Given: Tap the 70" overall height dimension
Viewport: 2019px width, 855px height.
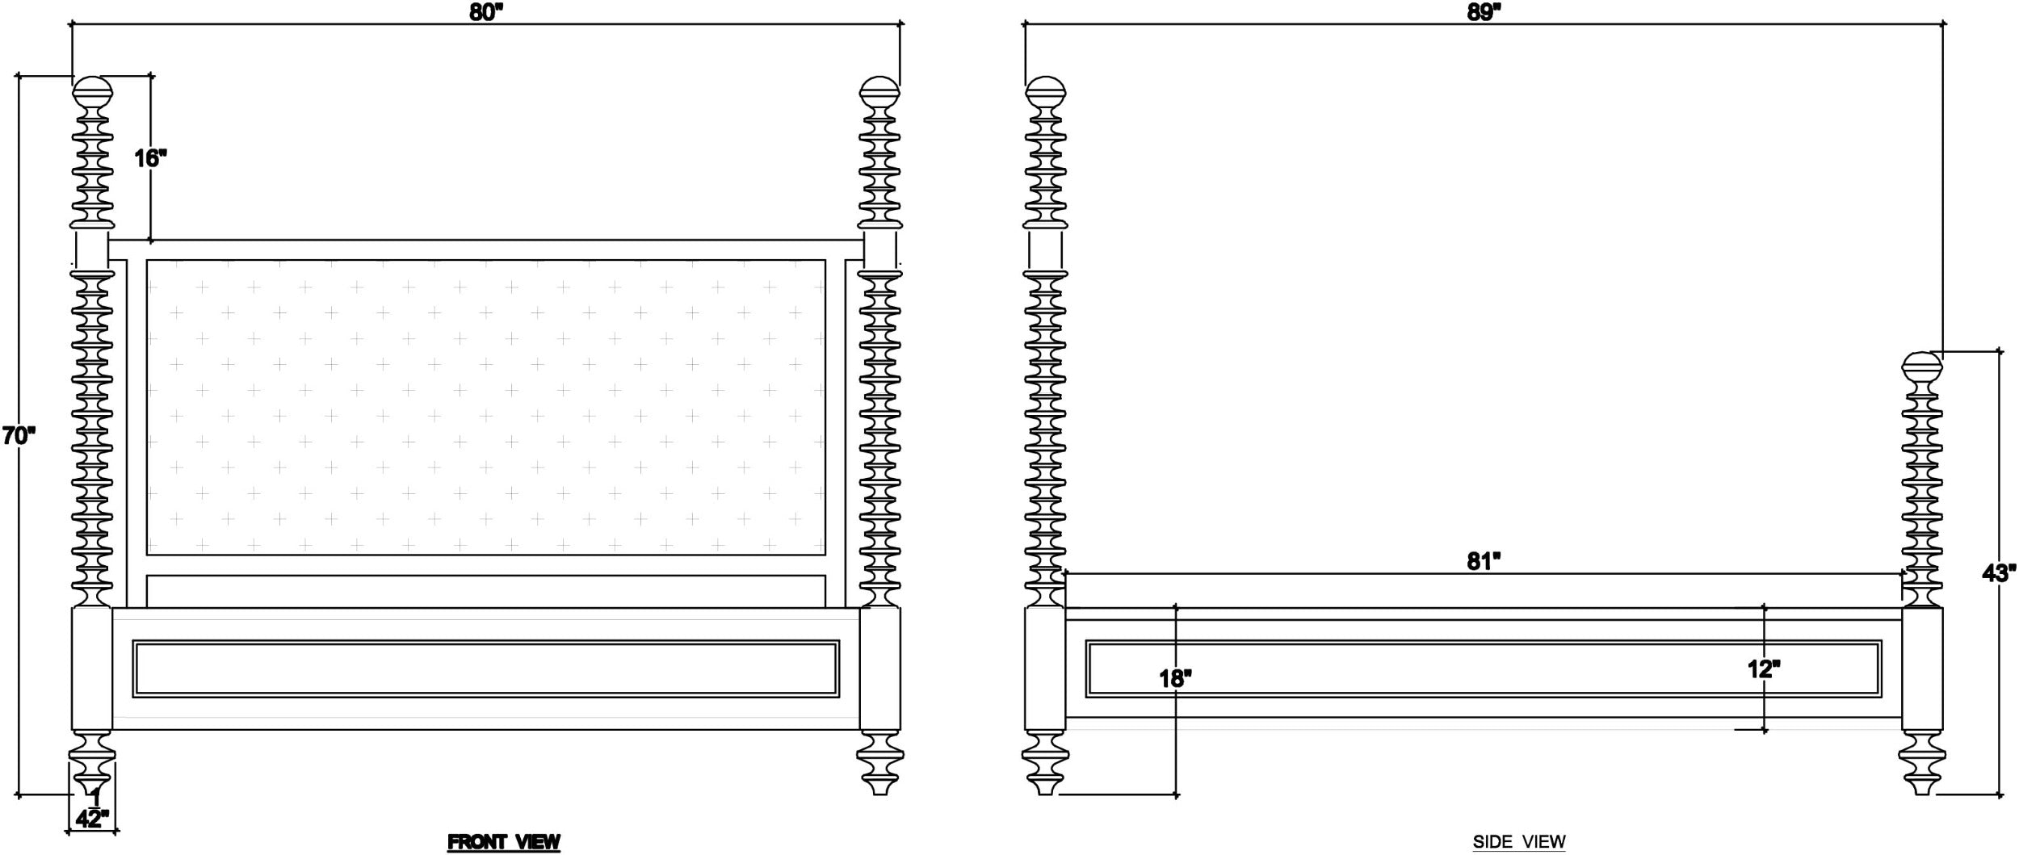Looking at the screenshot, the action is pos(19,436).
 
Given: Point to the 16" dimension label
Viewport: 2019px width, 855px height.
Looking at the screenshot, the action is pos(150,157).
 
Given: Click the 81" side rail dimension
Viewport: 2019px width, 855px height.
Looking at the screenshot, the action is pos(1484,561).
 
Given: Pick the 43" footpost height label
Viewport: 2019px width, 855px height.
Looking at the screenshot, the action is pos(1999,573).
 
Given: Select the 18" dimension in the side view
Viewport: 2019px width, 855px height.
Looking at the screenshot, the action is pos(1176,678).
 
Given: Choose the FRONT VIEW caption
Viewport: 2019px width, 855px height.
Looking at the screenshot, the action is pos(504,842).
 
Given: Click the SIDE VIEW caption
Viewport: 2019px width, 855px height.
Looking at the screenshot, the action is pos(1519,842).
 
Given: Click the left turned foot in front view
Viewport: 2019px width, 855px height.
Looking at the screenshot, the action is pos(91,763).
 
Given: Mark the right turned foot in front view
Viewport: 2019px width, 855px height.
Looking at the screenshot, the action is pos(879,763).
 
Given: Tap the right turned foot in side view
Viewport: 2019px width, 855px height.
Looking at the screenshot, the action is pos(1922,763).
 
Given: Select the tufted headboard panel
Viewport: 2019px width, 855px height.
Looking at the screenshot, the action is pos(485,407).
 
